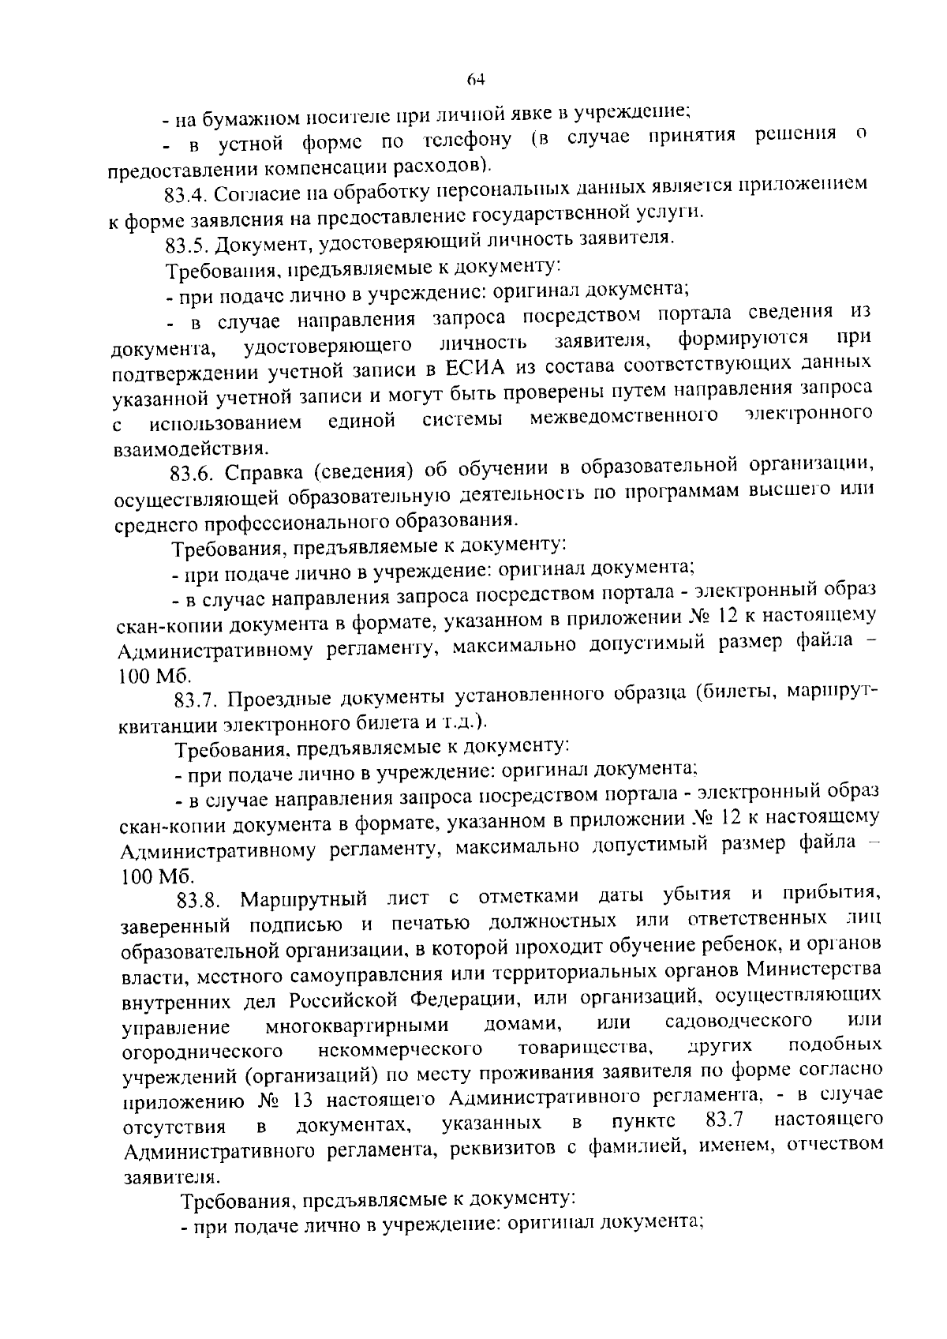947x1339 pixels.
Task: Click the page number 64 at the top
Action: [474, 79]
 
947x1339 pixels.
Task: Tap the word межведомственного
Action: [623, 416]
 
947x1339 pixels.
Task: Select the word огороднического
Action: [203, 1052]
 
